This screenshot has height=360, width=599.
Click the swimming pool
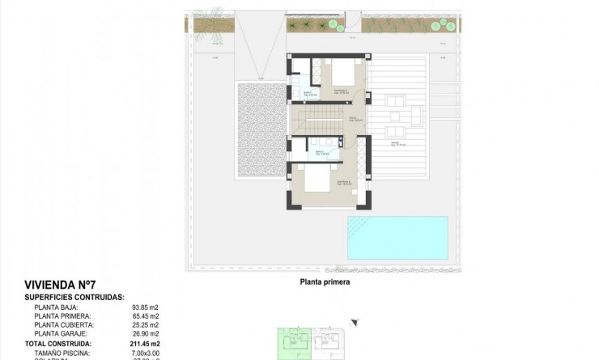[397, 236]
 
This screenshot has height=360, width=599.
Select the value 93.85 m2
[145, 307]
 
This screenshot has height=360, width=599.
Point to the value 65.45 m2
[145, 316]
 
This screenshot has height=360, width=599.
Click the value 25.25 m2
[145, 325]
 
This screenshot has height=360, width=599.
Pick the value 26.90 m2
[145, 334]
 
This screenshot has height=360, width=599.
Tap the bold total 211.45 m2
[145, 344]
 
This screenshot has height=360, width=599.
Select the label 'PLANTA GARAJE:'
[62, 334]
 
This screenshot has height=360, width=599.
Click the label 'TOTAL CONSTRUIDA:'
[57, 344]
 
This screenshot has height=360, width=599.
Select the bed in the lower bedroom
[316, 180]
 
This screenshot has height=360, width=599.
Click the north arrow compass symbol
[353, 323]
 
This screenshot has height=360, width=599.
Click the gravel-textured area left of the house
[259, 131]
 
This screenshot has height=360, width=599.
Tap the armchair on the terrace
[397, 102]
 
